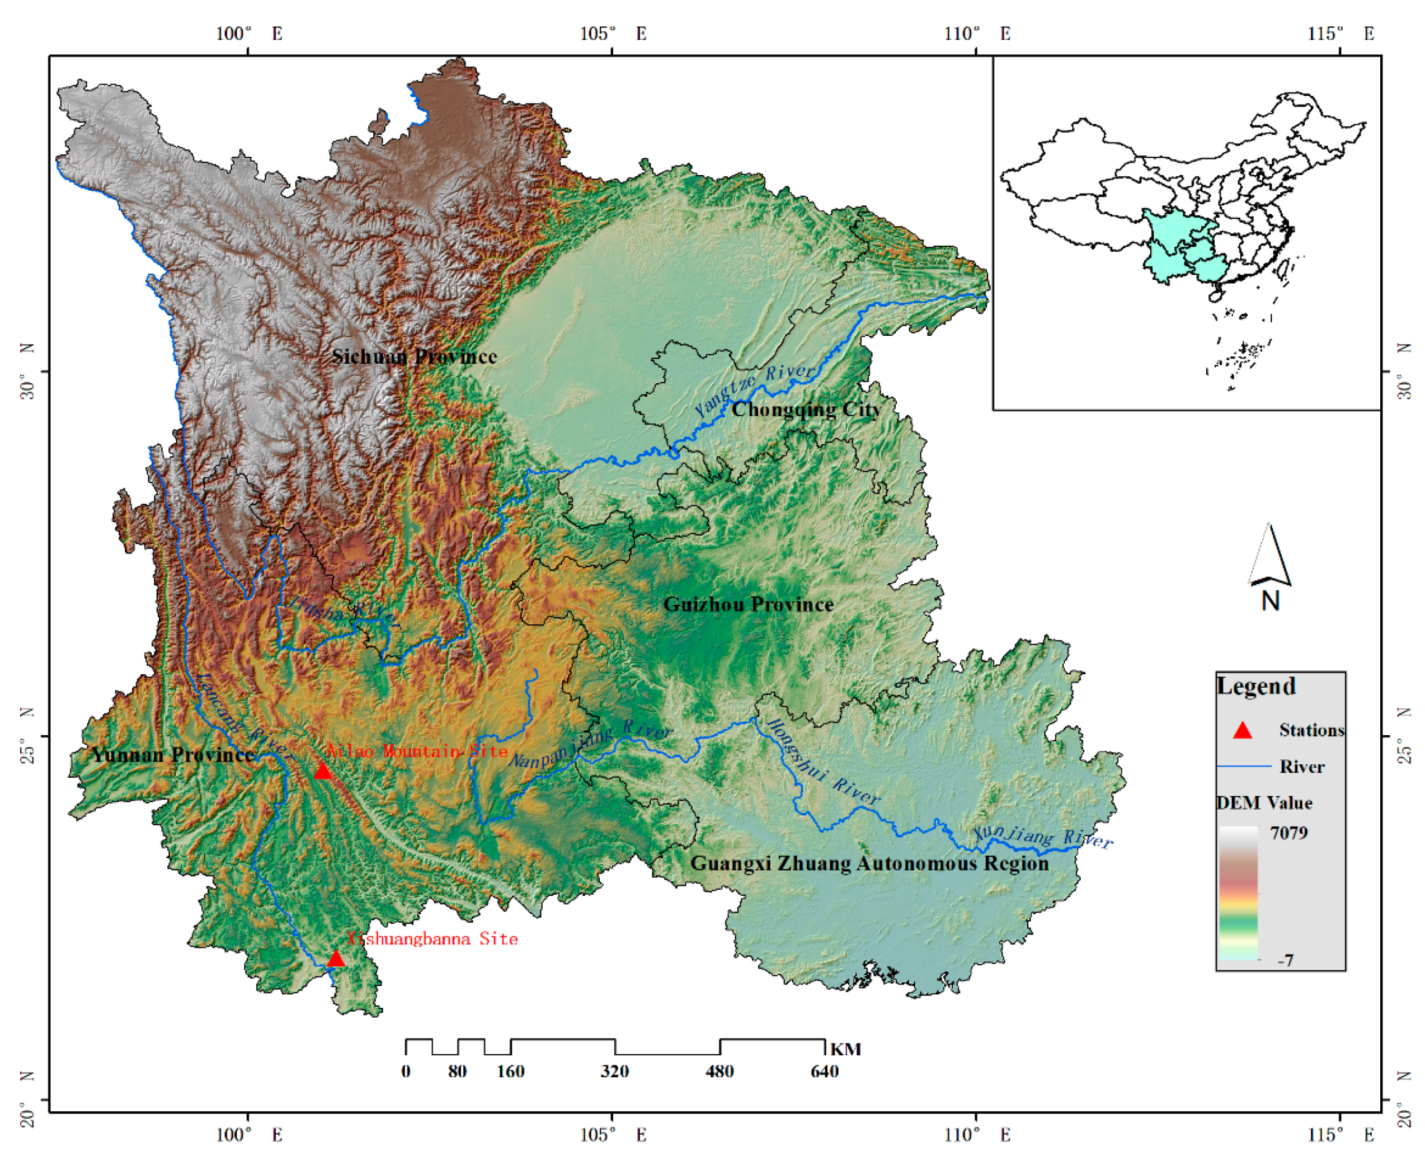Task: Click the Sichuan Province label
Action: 414,356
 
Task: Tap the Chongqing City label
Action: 805,410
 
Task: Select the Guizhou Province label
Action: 748,604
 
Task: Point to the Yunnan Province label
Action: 173,754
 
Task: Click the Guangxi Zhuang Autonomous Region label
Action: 869,863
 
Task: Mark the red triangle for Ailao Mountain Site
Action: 323,771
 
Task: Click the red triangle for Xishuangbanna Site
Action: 336,959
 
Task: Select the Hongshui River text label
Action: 822,762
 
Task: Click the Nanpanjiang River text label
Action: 590,745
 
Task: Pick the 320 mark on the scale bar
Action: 614,1071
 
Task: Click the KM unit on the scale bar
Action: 845,1049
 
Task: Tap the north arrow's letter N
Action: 1270,600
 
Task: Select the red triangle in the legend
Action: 1243,730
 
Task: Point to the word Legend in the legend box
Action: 1256,686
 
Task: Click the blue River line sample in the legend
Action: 1244,765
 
